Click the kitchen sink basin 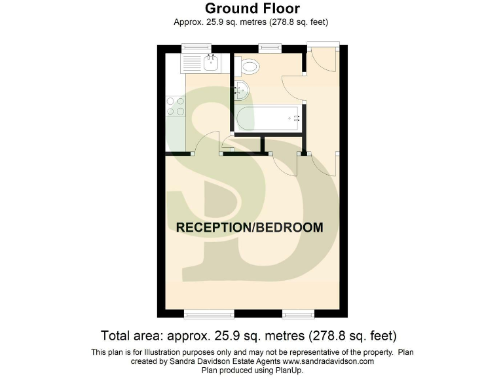pyautogui.click(x=212, y=63)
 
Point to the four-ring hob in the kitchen pyautogui.click(x=176, y=106)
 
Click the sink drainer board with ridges pyautogui.click(x=193, y=63)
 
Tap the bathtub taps pyautogui.click(x=296, y=118)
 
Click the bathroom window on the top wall pyautogui.click(x=269, y=46)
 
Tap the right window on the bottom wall pyautogui.click(x=298, y=314)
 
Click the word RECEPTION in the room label pyautogui.click(x=213, y=228)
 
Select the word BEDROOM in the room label pyautogui.click(x=289, y=228)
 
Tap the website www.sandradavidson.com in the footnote pyautogui.click(x=327, y=361)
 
